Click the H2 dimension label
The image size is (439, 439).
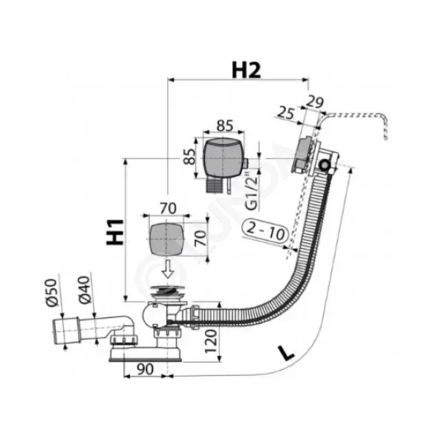coord(246,70)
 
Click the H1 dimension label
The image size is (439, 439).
coord(115,232)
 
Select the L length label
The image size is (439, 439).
coord(285,354)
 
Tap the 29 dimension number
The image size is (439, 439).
coord(314,102)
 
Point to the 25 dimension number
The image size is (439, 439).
coord(286,113)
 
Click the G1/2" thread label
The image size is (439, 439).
coord(253,193)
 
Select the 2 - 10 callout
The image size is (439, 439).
coord(265,231)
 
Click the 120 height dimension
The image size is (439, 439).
coord(211,341)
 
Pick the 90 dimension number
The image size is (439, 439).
coord(146,369)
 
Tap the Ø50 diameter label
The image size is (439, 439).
coord(52,293)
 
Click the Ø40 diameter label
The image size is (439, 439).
coord(85,290)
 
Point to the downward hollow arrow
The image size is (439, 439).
coord(168,268)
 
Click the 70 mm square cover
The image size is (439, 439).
coord(166,239)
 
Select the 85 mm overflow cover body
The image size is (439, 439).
coord(223,157)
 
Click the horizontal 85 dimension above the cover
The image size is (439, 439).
coord(225,126)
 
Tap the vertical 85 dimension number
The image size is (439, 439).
coord(189,157)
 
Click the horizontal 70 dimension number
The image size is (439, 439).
coord(168,209)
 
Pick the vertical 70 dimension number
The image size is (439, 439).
coord(201,238)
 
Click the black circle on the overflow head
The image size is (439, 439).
coord(325,165)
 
